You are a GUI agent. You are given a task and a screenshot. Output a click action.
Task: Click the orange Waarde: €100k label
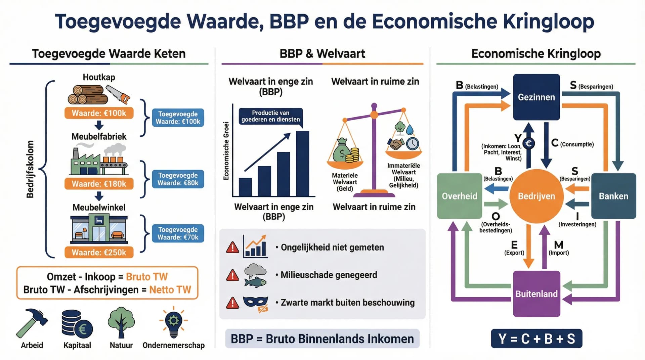tap(99, 113)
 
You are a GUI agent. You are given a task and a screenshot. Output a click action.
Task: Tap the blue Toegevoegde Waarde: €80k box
tap(178, 179)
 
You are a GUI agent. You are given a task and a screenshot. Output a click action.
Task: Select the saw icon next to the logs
tap(118, 94)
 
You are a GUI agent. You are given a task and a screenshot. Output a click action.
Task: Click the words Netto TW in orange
tap(170, 289)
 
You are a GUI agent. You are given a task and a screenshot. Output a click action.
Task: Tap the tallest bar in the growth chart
tap(302, 164)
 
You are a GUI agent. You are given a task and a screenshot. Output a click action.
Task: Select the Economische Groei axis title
tap(226, 151)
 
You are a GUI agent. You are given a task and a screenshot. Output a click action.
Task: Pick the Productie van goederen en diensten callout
tap(270, 116)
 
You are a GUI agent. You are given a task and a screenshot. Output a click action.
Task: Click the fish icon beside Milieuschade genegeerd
tap(255, 281)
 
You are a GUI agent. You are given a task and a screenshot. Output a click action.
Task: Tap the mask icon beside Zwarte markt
tap(256, 302)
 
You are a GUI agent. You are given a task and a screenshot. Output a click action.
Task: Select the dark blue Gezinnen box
tap(536, 97)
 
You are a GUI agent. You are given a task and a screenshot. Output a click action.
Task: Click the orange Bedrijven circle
tap(536, 196)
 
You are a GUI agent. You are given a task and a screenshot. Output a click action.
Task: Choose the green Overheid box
tap(459, 196)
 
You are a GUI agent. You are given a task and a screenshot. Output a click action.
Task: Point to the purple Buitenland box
tap(536, 294)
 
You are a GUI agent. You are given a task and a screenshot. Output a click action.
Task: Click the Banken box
tap(613, 196)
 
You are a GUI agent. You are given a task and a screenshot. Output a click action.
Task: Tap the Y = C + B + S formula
tap(536, 339)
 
